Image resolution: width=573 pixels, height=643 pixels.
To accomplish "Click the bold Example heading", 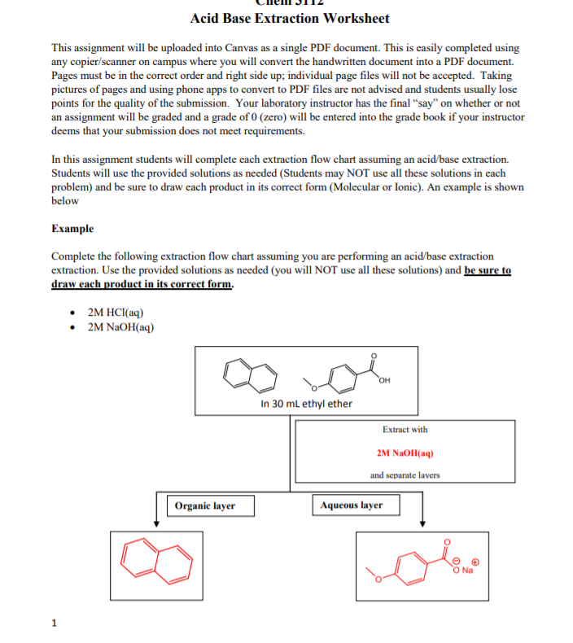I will tap(72, 229).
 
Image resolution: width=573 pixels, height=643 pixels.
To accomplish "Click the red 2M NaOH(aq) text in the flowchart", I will tap(405, 452).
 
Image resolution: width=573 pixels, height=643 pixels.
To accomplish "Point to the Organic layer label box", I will tap(204, 505).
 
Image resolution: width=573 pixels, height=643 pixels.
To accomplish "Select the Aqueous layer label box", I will tap(352, 505).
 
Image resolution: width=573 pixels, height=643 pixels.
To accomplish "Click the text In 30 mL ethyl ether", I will tap(306, 404).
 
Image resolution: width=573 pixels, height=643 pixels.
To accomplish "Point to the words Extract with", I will tap(405, 429).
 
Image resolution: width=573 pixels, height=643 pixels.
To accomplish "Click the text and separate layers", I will tap(405, 475).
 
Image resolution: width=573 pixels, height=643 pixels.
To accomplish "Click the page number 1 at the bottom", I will tap(54, 623).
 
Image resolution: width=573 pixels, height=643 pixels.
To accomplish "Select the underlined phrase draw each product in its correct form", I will tap(142, 285).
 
